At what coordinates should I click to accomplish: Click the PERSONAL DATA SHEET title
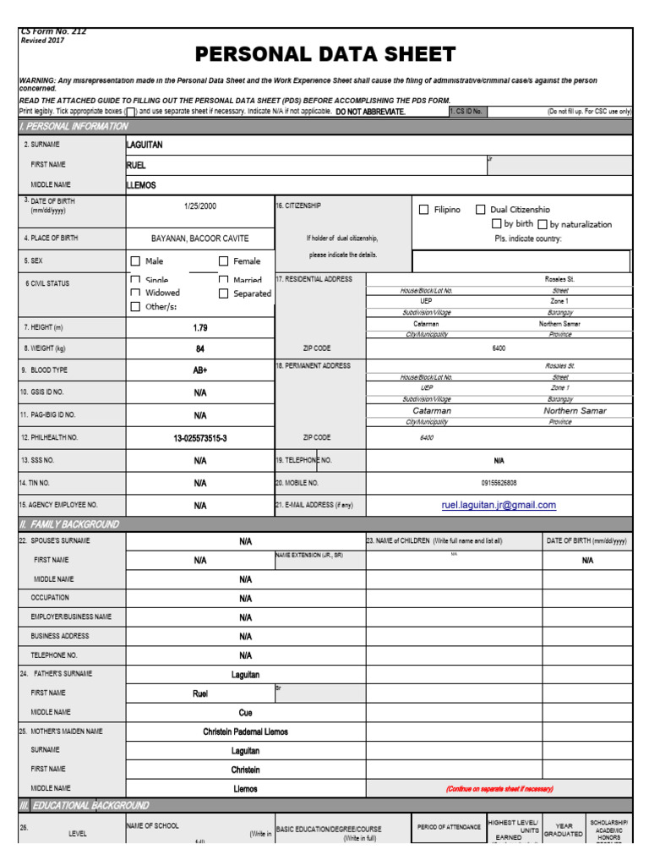[x=325, y=55]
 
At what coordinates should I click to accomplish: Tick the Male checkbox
[x=135, y=261]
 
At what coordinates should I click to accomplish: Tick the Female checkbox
[x=224, y=261]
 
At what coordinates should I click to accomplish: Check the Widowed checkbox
[x=135, y=293]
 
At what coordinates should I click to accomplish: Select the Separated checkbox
[x=224, y=293]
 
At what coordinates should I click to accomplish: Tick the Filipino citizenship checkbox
[x=424, y=210]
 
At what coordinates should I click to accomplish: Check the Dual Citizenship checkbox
[x=480, y=210]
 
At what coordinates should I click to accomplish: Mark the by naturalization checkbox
[x=543, y=225]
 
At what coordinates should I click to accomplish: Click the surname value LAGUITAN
[x=145, y=145]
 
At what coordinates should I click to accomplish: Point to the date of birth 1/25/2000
[x=200, y=206]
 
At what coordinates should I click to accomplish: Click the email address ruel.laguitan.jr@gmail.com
[x=499, y=505]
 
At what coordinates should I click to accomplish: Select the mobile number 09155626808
[x=499, y=483]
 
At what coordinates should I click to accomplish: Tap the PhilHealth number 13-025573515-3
[x=200, y=438]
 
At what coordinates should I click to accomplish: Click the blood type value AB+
[x=200, y=370]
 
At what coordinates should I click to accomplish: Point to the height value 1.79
[x=200, y=326]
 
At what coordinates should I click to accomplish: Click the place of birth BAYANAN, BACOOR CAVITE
[x=200, y=238]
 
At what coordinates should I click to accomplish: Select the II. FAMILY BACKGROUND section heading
[x=69, y=524]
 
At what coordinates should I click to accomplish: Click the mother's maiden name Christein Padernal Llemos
[x=245, y=732]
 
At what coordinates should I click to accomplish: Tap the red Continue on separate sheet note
[x=499, y=789]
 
